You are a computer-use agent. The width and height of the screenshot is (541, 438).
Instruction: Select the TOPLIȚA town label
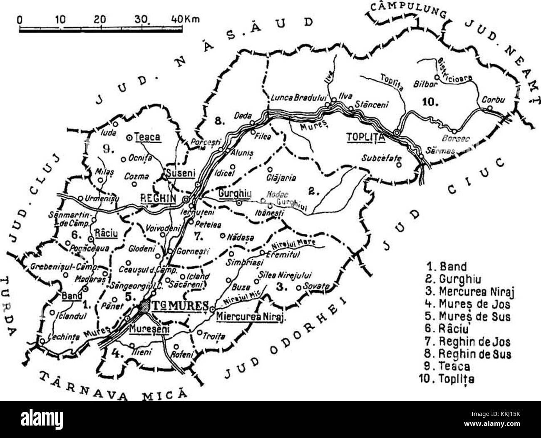tap(365, 137)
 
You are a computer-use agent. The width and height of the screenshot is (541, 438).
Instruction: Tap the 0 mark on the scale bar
tap(21, 20)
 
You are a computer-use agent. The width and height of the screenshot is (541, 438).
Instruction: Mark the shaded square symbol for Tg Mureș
tap(145, 307)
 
